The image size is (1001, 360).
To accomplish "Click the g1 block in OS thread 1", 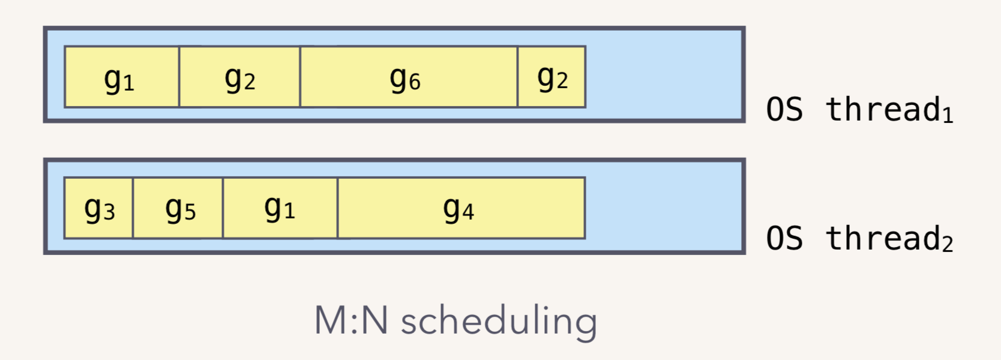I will click(x=122, y=77).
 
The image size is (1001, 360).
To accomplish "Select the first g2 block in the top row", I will click(x=239, y=77).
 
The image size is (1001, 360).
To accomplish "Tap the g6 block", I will click(x=408, y=77).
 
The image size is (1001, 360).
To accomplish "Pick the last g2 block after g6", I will click(x=552, y=77).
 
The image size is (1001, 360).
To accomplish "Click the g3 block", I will click(x=98, y=208).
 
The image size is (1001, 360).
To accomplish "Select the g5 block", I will click(x=178, y=208).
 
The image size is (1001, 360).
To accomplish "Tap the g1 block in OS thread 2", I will click(x=280, y=208).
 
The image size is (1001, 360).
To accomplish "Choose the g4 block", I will click(x=461, y=208).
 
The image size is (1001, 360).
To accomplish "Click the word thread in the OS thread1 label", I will click(x=882, y=109).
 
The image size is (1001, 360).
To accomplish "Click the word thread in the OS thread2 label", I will click(x=882, y=238).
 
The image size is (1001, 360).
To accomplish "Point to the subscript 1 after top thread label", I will click(x=948, y=116).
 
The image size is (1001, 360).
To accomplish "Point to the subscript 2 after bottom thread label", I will click(x=948, y=245).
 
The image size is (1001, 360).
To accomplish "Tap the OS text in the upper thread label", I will click(x=784, y=110).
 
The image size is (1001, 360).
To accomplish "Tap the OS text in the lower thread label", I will click(x=784, y=239).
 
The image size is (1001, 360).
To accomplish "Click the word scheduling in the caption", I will click(x=499, y=321).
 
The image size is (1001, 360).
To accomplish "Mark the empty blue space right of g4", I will click(x=663, y=208).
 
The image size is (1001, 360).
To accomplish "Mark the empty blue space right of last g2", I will click(x=663, y=77).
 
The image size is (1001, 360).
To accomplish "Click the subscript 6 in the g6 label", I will click(x=415, y=82).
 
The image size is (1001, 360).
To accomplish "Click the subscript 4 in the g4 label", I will click(x=468, y=213).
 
